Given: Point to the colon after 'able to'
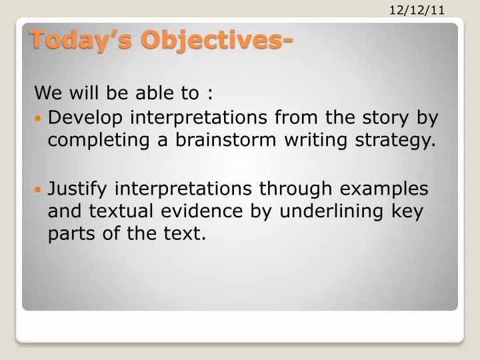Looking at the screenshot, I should (210, 92).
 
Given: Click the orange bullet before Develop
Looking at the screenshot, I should (38, 118).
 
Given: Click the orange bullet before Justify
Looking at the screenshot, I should (38, 189).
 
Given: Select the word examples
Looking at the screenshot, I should (388, 189).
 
